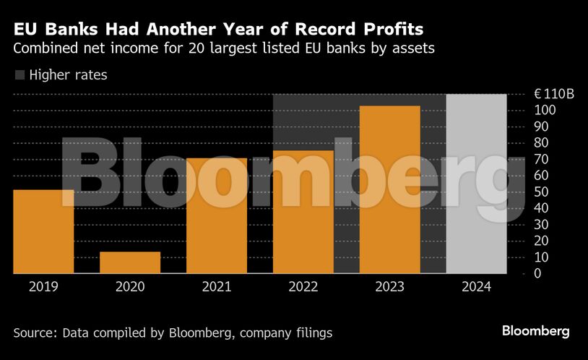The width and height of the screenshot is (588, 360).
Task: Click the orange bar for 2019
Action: [x=43, y=231]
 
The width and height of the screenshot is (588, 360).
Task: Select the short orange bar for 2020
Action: [x=130, y=262]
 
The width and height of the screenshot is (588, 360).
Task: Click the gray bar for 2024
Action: [x=476, y=184]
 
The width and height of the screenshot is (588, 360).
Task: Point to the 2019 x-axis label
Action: [x=43, y=286]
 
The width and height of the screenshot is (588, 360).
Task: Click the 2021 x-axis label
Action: [x=217, y=286]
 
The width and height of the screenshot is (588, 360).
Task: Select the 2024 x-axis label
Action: [x=476, y=286]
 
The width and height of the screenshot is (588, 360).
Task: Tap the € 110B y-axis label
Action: [x=554, y=94]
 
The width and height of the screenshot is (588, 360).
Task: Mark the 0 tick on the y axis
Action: [x=537, y=274]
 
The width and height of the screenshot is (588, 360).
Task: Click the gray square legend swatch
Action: [x=20, y=74]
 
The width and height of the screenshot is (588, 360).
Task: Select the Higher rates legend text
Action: [x=68, y=74]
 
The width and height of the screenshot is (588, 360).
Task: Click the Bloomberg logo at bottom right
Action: [x=535, y=331]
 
